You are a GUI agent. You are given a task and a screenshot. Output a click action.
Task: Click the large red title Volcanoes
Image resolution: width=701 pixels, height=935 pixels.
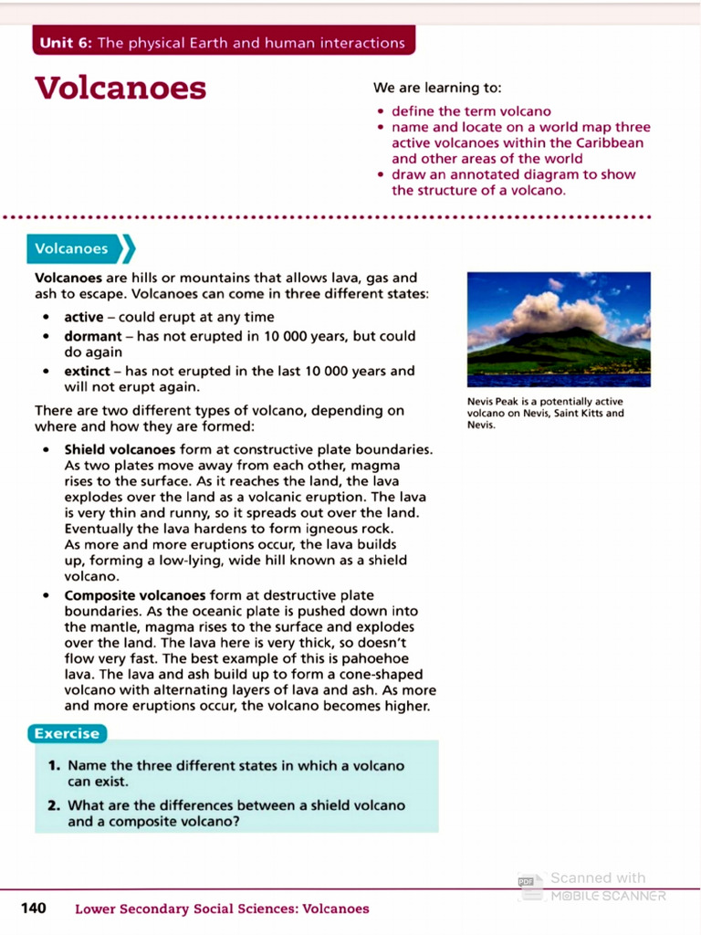point(120,89)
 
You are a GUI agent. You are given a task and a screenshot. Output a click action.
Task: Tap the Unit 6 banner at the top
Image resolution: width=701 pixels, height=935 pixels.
point(223,43)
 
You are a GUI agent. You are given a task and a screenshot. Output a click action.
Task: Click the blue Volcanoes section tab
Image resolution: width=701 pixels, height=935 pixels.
point(72,248)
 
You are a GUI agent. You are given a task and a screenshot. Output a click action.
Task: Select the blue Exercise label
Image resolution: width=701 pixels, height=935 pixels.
point(67,733)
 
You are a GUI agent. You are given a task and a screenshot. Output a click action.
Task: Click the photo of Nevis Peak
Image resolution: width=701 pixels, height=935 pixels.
point(558,329)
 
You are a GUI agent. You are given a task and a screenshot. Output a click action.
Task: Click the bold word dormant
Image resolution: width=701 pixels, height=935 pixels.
point(93,335)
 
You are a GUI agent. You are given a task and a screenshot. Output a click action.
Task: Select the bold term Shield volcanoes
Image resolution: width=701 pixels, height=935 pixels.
point(120,449)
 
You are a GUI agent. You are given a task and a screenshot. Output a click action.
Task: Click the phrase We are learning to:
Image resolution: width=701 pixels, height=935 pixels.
point(437,88)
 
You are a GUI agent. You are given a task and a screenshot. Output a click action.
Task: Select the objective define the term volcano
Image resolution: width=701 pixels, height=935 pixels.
point(471,111)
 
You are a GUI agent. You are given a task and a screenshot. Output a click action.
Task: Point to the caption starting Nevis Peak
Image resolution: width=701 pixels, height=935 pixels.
point(544,413)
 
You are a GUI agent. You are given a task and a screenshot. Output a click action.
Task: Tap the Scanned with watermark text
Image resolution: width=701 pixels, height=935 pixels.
point(598,878)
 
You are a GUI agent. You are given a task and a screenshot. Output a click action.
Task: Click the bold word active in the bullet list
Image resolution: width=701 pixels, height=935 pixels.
point(84,317)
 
